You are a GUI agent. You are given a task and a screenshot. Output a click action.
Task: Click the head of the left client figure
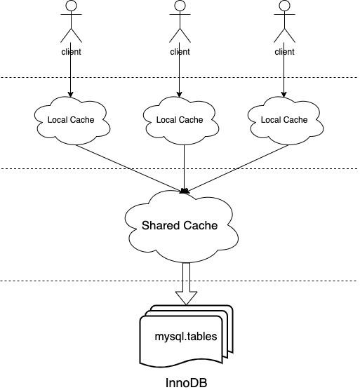[70, 7]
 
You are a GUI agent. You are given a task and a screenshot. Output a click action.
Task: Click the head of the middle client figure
[180, 7]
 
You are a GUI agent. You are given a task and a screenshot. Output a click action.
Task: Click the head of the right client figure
[284, 7]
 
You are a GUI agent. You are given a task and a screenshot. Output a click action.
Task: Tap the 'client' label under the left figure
[70, 51]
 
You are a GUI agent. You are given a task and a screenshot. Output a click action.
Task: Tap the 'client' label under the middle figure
[180, 51]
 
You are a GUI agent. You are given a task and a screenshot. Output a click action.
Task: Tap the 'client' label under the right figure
[284, 51]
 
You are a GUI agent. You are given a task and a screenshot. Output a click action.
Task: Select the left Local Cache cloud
[70, 120]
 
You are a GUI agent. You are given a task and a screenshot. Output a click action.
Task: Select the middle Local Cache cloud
[180, 120]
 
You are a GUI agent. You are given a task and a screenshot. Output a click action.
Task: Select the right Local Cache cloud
[284, 120]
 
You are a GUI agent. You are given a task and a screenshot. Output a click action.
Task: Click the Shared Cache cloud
[180, 225]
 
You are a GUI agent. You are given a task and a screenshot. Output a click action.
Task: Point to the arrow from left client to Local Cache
[70, 77]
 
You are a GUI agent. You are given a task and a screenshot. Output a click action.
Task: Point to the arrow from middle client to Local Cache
[180, 77]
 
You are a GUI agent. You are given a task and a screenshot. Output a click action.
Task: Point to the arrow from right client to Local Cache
[284, 77]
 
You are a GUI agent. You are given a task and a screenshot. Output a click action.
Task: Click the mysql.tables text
[185, 336]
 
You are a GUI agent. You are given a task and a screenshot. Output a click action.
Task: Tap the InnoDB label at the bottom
[185, 382]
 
